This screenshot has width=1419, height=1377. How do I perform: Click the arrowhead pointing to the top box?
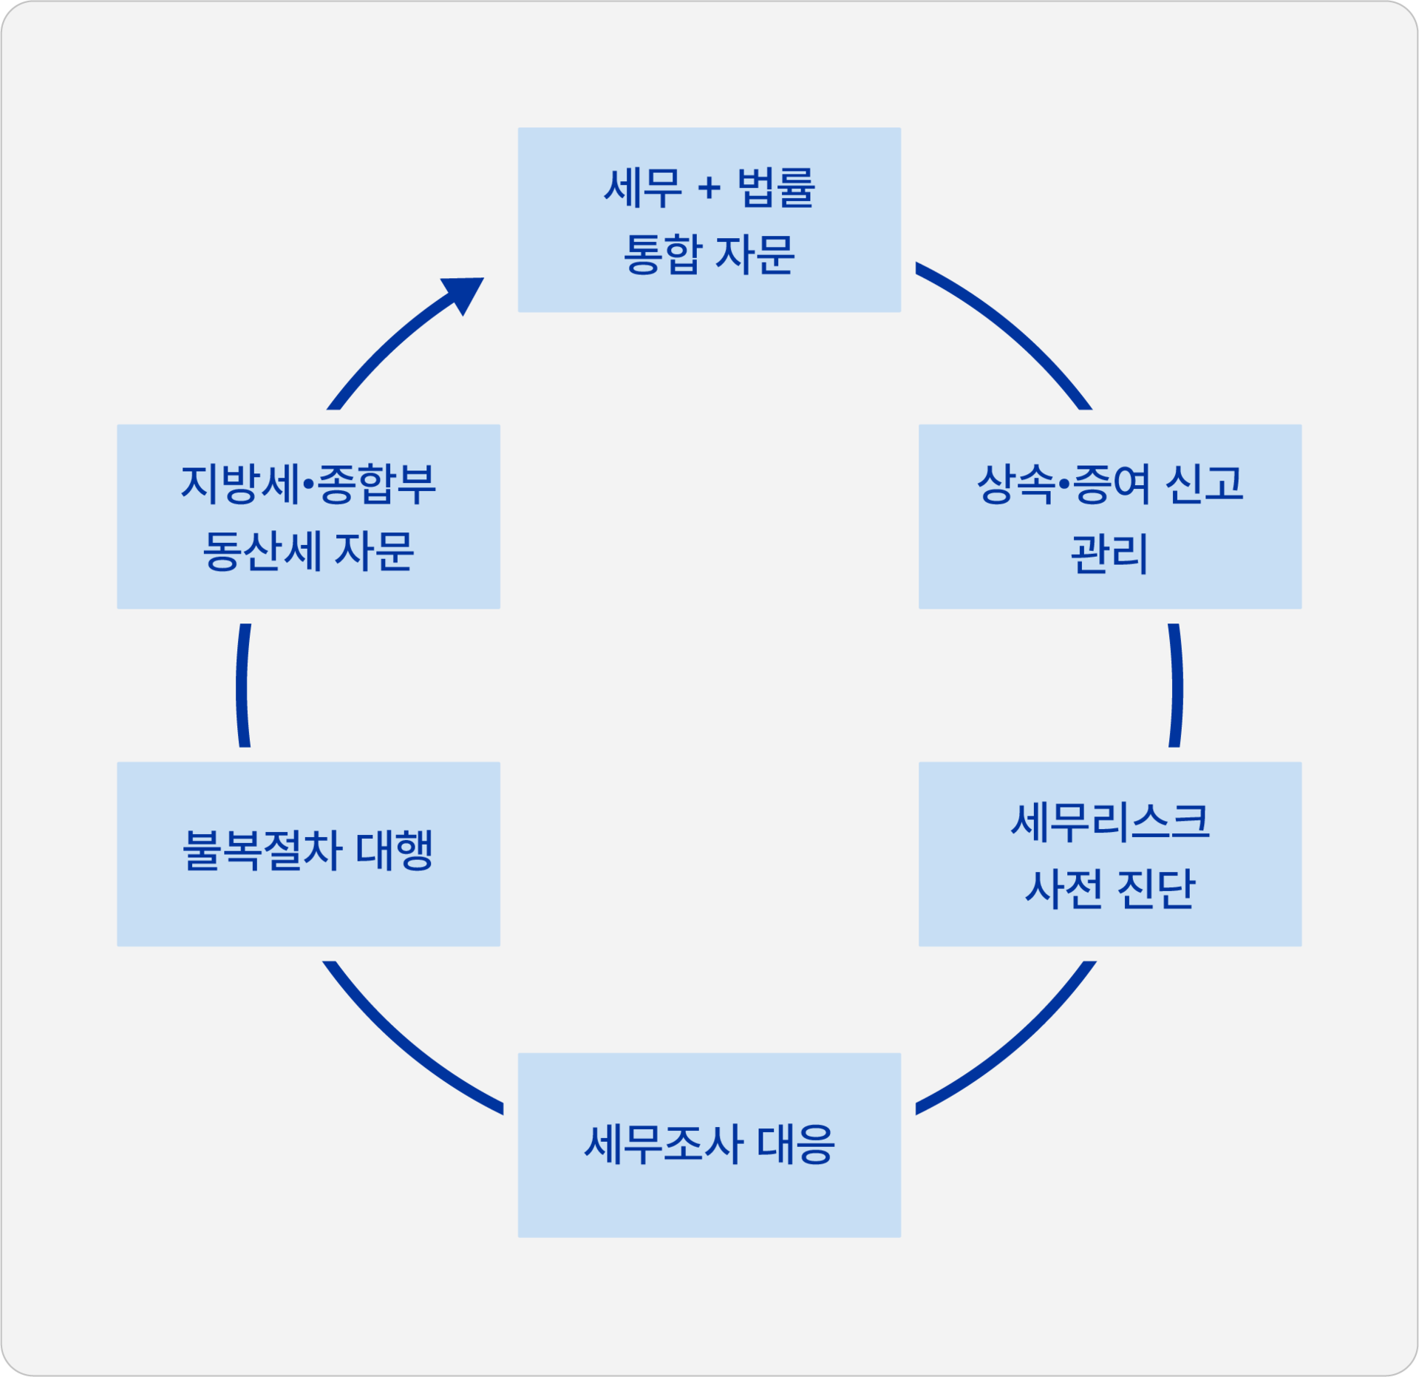(x=465, y=294)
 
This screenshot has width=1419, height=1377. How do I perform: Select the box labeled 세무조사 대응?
(x=709, y=1145)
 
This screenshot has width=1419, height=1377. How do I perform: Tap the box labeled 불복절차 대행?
(x=308, y=854)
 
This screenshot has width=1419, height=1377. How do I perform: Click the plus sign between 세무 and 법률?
(x=709, y=188)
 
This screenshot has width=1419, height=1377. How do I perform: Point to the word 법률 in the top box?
(x=776, y=188)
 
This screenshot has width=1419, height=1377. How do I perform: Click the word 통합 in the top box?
(x=662, y=254)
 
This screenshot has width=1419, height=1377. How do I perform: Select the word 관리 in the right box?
(x=1109, y=553)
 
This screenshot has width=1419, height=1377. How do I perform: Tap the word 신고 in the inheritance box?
(x=1204, y=484)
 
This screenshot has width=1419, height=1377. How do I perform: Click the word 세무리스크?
(x=1110, y=822)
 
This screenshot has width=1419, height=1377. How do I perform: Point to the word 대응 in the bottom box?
(x=796, y=1145)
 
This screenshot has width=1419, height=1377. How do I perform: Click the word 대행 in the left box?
(x=394, y=850)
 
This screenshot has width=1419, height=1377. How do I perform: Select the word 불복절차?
(x=262, y=850)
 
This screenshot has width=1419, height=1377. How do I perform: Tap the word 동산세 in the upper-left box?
(x=262, y=552)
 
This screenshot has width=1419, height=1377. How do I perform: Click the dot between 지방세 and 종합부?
(x=309, y=485)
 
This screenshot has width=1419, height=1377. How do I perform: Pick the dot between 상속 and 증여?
(x=1064, y=485)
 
